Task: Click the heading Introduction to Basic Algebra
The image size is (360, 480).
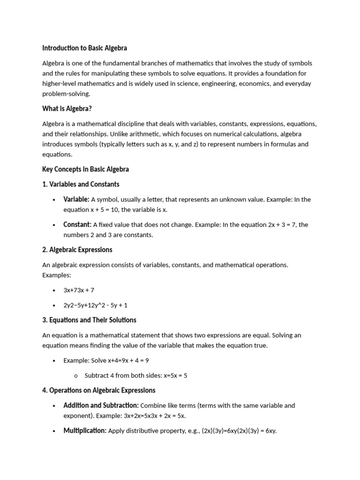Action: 84,48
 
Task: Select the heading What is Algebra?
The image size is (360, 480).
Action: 67,109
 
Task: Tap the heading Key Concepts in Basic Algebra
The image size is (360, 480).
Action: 85,169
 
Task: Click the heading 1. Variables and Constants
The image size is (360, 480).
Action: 81,184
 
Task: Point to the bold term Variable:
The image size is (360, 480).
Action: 76,199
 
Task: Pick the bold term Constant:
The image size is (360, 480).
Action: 77,225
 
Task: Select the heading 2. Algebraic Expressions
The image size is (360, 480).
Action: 77,250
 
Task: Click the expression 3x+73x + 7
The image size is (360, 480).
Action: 79,290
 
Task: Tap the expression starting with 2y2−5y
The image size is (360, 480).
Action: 95,305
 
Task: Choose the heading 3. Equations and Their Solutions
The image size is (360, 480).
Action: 89,320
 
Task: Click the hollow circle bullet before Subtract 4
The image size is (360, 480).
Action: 75,376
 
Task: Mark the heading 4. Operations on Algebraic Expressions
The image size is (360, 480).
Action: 99,390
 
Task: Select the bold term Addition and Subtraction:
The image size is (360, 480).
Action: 101,405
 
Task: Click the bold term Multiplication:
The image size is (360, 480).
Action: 85,431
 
